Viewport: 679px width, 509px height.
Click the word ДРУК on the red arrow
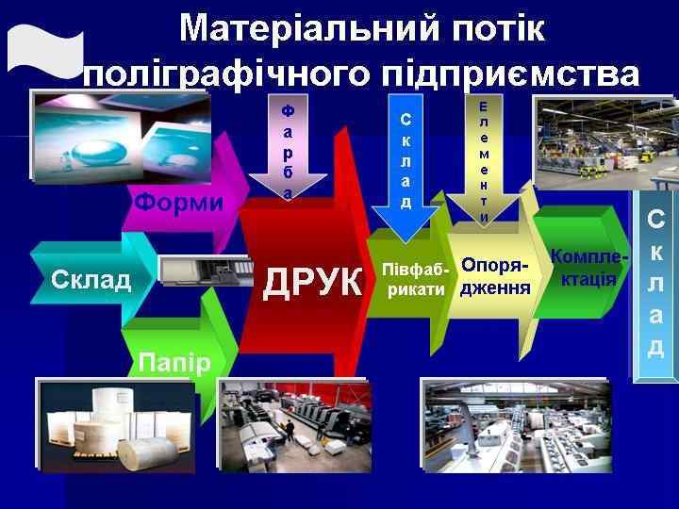tap(313, 282)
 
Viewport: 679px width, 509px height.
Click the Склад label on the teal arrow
tap(91, 279)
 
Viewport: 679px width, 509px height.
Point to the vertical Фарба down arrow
tap(288, 151)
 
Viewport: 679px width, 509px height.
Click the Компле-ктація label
tap(588, 271)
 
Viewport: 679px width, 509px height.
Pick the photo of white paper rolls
tap(116, 424)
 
